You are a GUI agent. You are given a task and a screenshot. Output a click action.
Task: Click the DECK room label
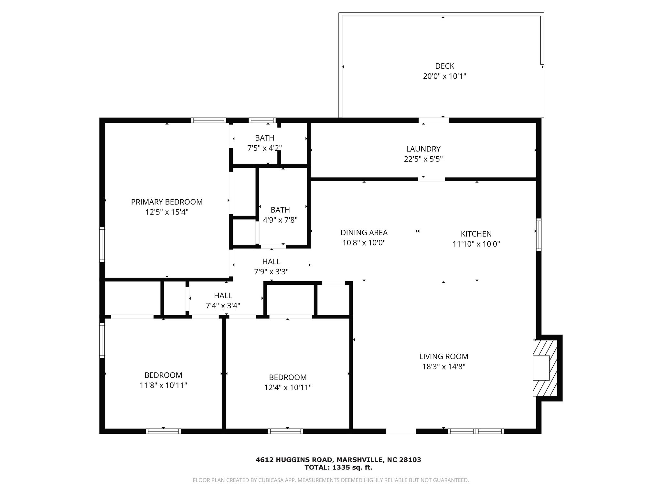(444, 66)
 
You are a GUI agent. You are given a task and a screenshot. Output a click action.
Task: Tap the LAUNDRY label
(423, 149)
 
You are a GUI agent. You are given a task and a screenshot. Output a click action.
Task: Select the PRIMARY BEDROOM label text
(167, 202)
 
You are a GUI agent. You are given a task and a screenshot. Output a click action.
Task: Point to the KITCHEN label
(476, 234)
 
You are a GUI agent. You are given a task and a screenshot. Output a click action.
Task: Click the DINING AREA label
(364, 232)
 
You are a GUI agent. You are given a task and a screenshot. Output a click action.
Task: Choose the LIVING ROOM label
(444, 356)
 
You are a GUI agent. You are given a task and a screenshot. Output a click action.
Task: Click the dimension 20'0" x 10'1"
(444, 76)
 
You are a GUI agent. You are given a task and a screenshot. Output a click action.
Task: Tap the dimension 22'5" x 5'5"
(423, 159)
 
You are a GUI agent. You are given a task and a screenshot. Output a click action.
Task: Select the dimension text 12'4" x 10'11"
(288, 387)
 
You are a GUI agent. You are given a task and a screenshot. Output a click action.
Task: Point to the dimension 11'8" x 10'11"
(163, 385)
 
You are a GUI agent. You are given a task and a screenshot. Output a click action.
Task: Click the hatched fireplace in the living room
(545, 368)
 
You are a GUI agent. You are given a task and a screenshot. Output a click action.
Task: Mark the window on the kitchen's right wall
(539, 235)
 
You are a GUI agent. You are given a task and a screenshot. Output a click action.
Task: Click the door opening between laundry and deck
(433, 120)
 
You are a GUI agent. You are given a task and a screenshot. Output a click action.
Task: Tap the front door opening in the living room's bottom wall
(400, 431)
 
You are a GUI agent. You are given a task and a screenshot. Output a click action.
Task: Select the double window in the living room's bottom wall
(476, 431)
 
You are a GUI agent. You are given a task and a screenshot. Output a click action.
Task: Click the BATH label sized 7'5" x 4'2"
(264, 138)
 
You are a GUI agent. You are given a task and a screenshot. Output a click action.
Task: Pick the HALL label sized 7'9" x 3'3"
(271, 261)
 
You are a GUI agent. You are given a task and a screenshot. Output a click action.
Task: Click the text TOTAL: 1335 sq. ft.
(338, 467)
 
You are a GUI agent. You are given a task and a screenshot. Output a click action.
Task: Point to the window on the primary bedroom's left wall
(102, 244)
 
